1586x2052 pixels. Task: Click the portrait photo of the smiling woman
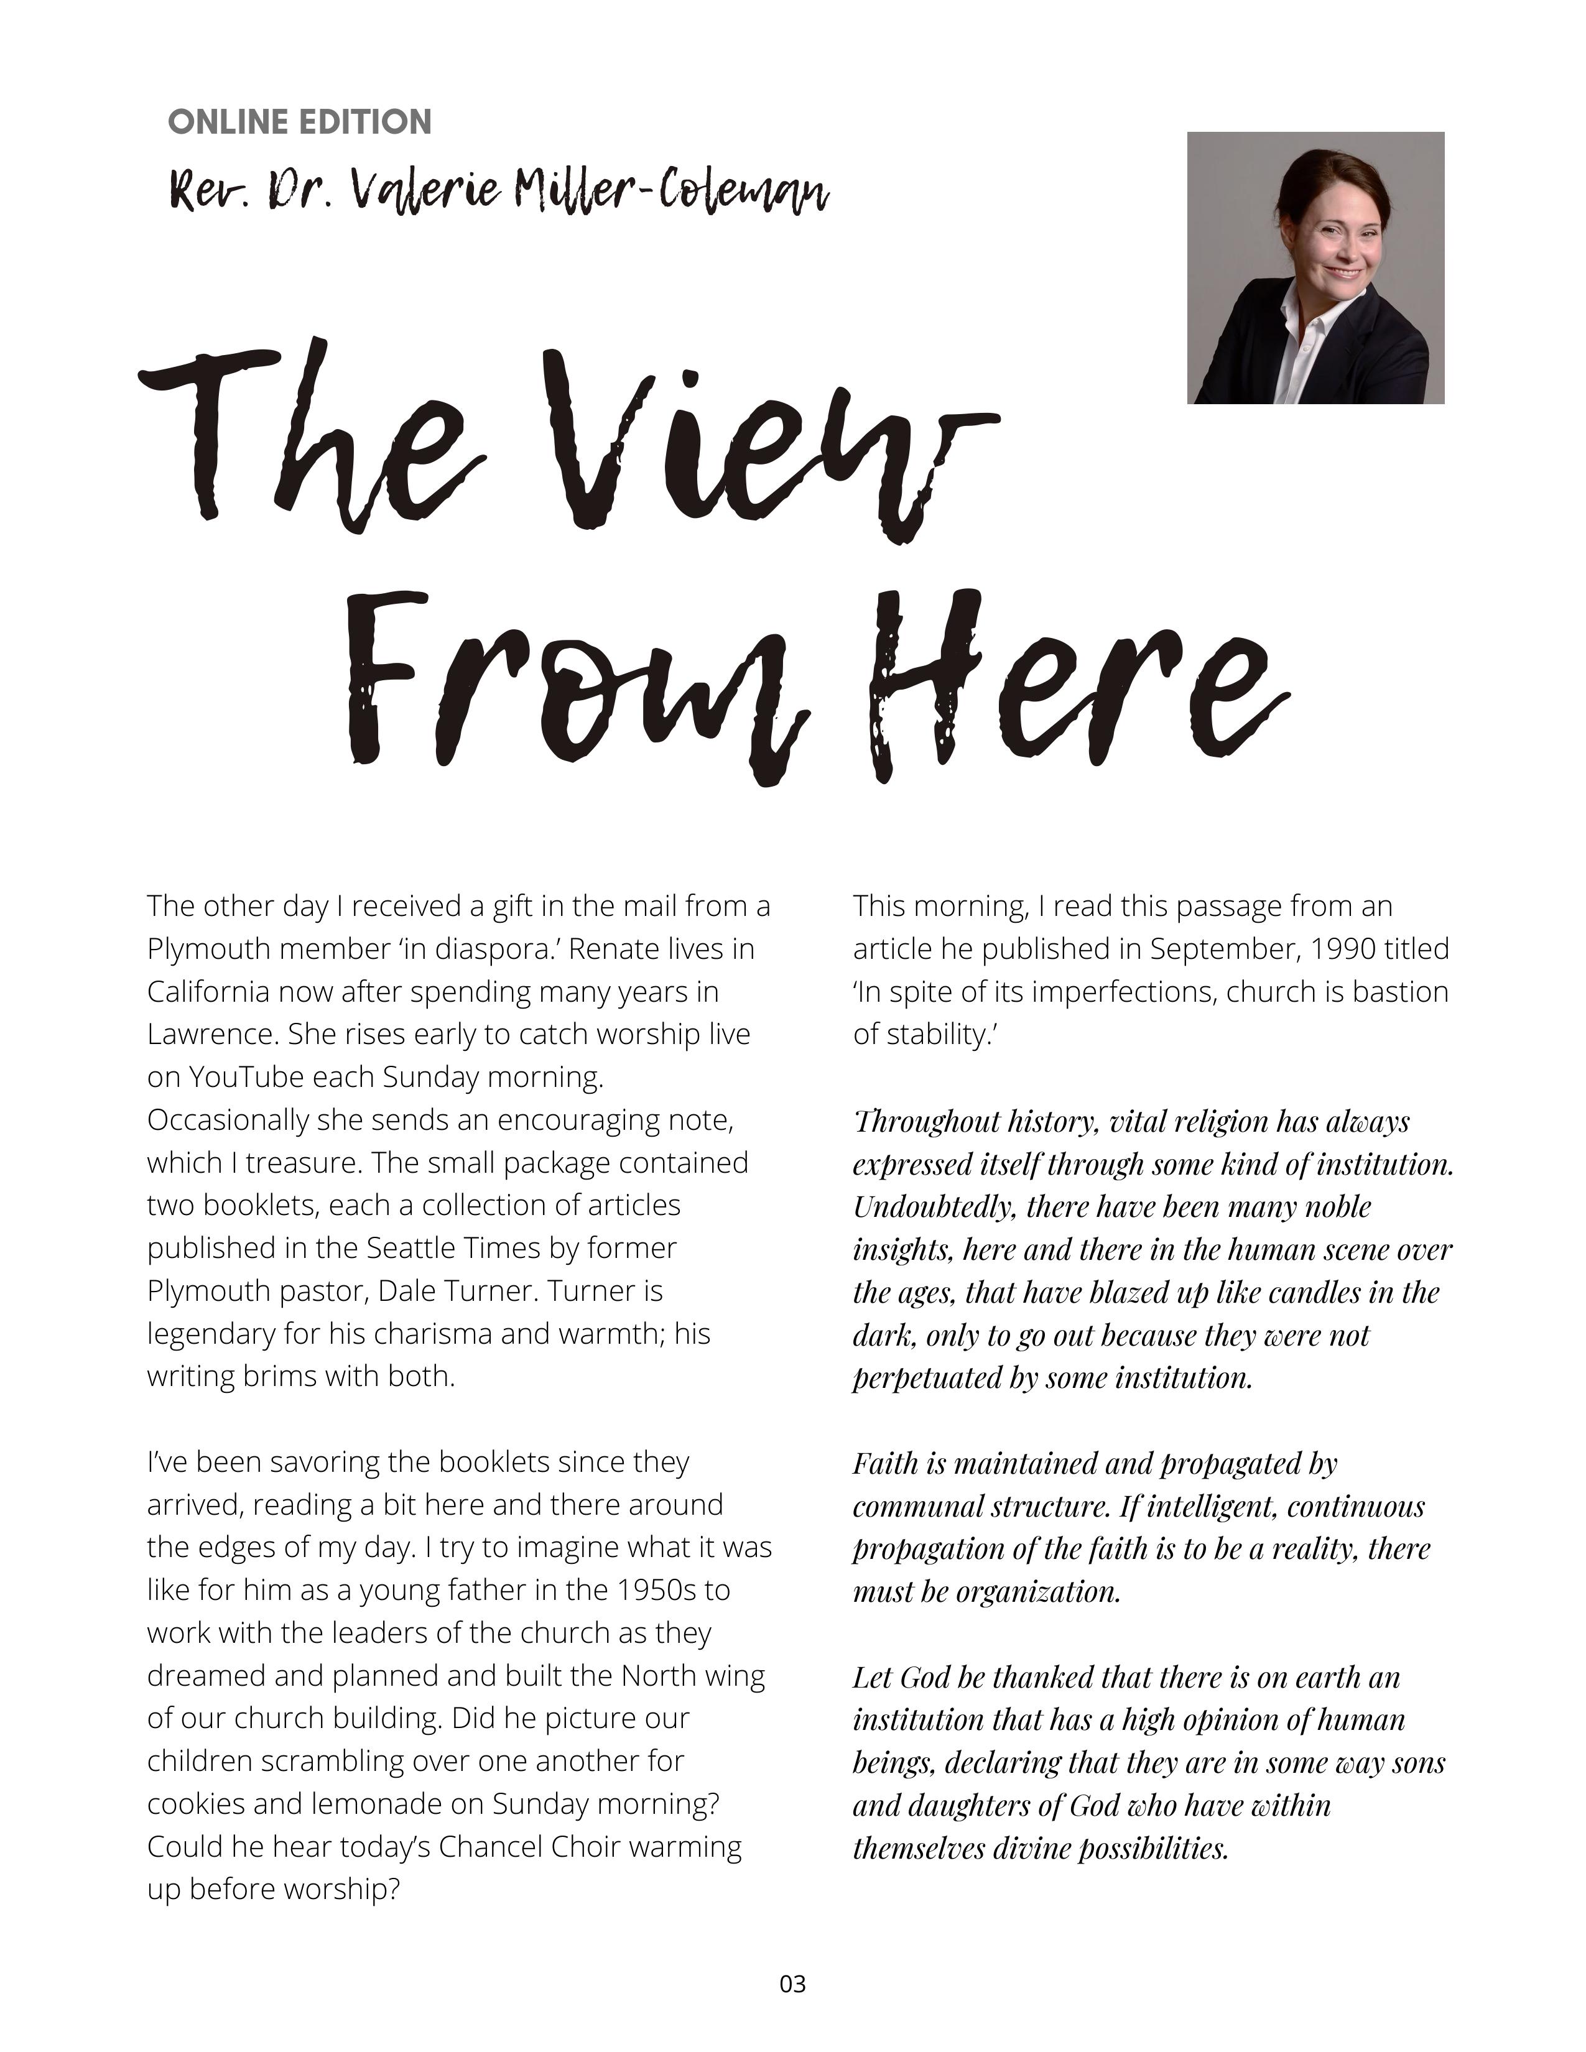1315,268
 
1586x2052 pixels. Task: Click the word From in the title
578,691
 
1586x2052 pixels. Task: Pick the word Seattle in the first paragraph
410,1248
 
